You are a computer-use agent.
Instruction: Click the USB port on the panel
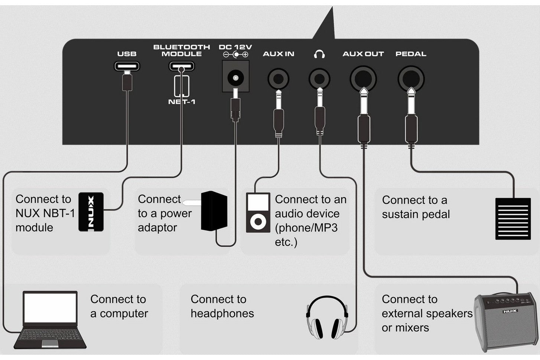point(127,66)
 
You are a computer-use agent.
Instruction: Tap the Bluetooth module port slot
point(182,66)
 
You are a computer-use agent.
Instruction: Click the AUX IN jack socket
point(279,79)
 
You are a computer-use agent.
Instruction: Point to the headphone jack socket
point(319,79)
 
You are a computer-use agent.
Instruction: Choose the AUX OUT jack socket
point(363,79)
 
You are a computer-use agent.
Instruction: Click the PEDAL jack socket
point(411,79)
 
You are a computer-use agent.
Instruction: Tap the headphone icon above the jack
point(319,54)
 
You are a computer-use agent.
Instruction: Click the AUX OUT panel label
point(363,54)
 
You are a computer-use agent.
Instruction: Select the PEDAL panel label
point(411,54)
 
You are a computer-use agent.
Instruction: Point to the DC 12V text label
point(235,47)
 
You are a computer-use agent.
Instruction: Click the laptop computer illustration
point(50,320)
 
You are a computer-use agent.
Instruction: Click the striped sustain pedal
point(513,219)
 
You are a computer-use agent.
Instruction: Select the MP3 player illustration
point(258,213)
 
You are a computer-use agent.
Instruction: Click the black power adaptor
point(214,211)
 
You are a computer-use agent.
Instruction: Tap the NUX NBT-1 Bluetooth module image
point(91,212)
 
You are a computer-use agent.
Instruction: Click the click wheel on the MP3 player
point(258,221)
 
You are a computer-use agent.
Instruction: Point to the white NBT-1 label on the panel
point(182,102)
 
